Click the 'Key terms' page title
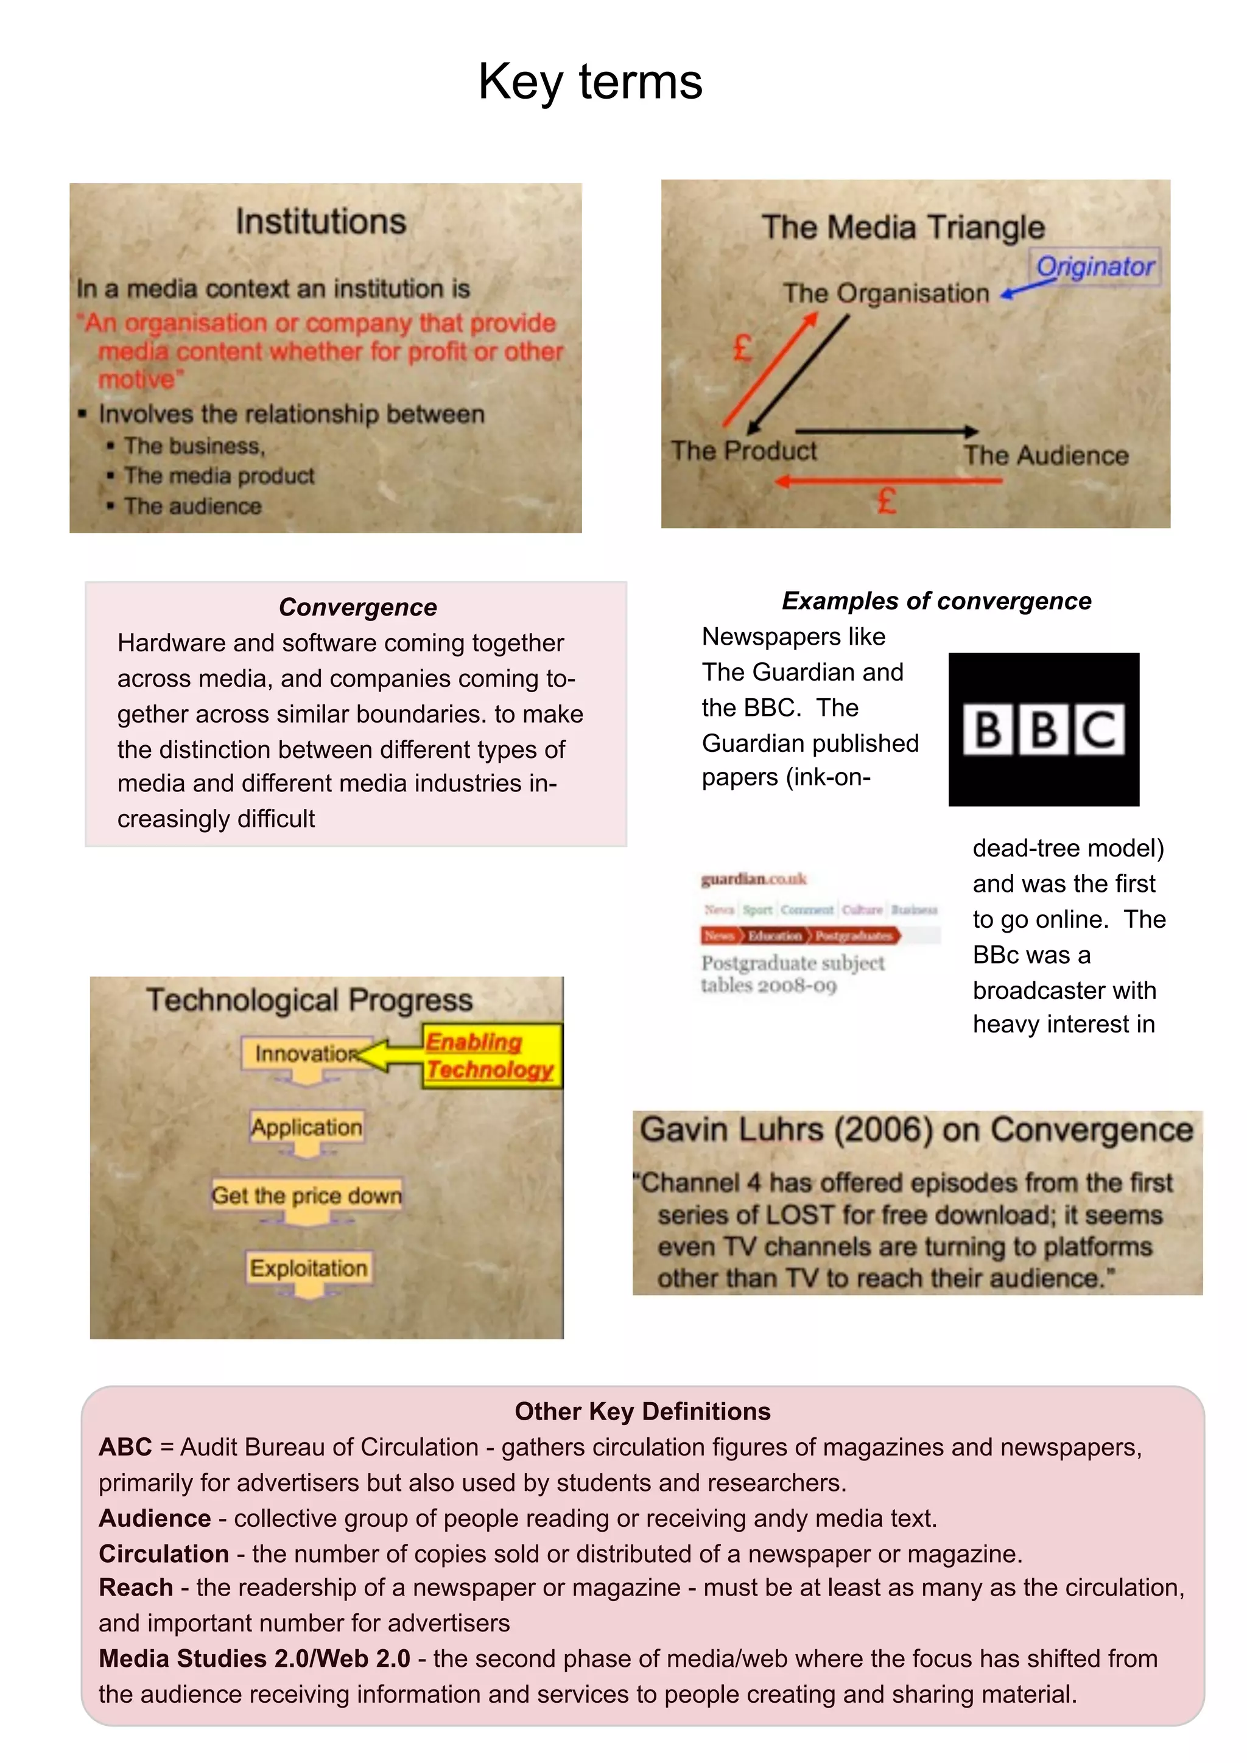tap(590, 82)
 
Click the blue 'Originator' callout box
tap(1094, 267)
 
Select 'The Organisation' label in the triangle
tap(885, 293)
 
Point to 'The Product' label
tap(743, 450)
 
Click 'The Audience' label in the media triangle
tap(1046, 455)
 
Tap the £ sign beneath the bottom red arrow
tap(887, 503)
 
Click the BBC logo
tap(1044, 729)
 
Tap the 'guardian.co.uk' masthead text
tap(753, 879)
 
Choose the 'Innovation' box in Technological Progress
tap(306, 1054)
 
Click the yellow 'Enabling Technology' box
tap(491, 1056)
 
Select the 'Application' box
tap(306, 1127)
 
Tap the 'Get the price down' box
tap(306, 1196)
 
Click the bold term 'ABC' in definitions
tap(125, 1448)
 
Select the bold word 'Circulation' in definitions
tap(164, 1554)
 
